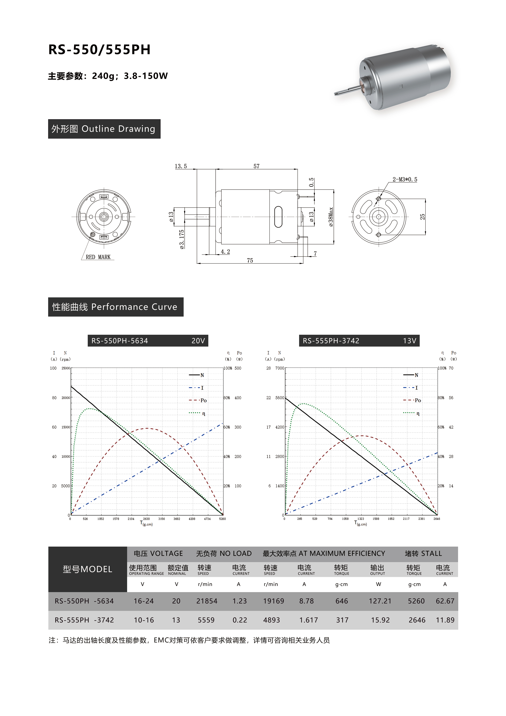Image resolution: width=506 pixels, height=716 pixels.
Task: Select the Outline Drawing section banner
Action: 104,129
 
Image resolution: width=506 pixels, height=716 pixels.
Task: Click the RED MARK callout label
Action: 98,257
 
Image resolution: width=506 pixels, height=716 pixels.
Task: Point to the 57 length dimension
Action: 256,166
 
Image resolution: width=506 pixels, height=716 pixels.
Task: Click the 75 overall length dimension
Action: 250,260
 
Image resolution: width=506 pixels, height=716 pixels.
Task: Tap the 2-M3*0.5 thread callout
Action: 404,179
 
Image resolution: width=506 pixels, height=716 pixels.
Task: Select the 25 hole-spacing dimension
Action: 422,216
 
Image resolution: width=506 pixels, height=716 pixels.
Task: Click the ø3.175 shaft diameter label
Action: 182,239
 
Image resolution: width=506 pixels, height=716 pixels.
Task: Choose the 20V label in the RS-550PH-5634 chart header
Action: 198,341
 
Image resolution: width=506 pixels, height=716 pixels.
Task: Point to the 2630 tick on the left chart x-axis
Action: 146,519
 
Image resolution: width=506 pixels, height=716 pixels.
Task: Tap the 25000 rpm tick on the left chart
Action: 65,368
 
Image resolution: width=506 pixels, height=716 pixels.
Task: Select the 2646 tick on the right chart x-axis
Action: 436,519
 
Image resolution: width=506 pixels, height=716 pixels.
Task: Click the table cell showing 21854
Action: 206,601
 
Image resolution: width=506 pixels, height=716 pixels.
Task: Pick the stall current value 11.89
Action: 445,620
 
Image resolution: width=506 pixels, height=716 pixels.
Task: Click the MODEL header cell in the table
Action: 87,569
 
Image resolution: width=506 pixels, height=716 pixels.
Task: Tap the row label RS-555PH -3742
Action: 84,620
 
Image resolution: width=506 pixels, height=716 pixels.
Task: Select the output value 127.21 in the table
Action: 380,601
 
